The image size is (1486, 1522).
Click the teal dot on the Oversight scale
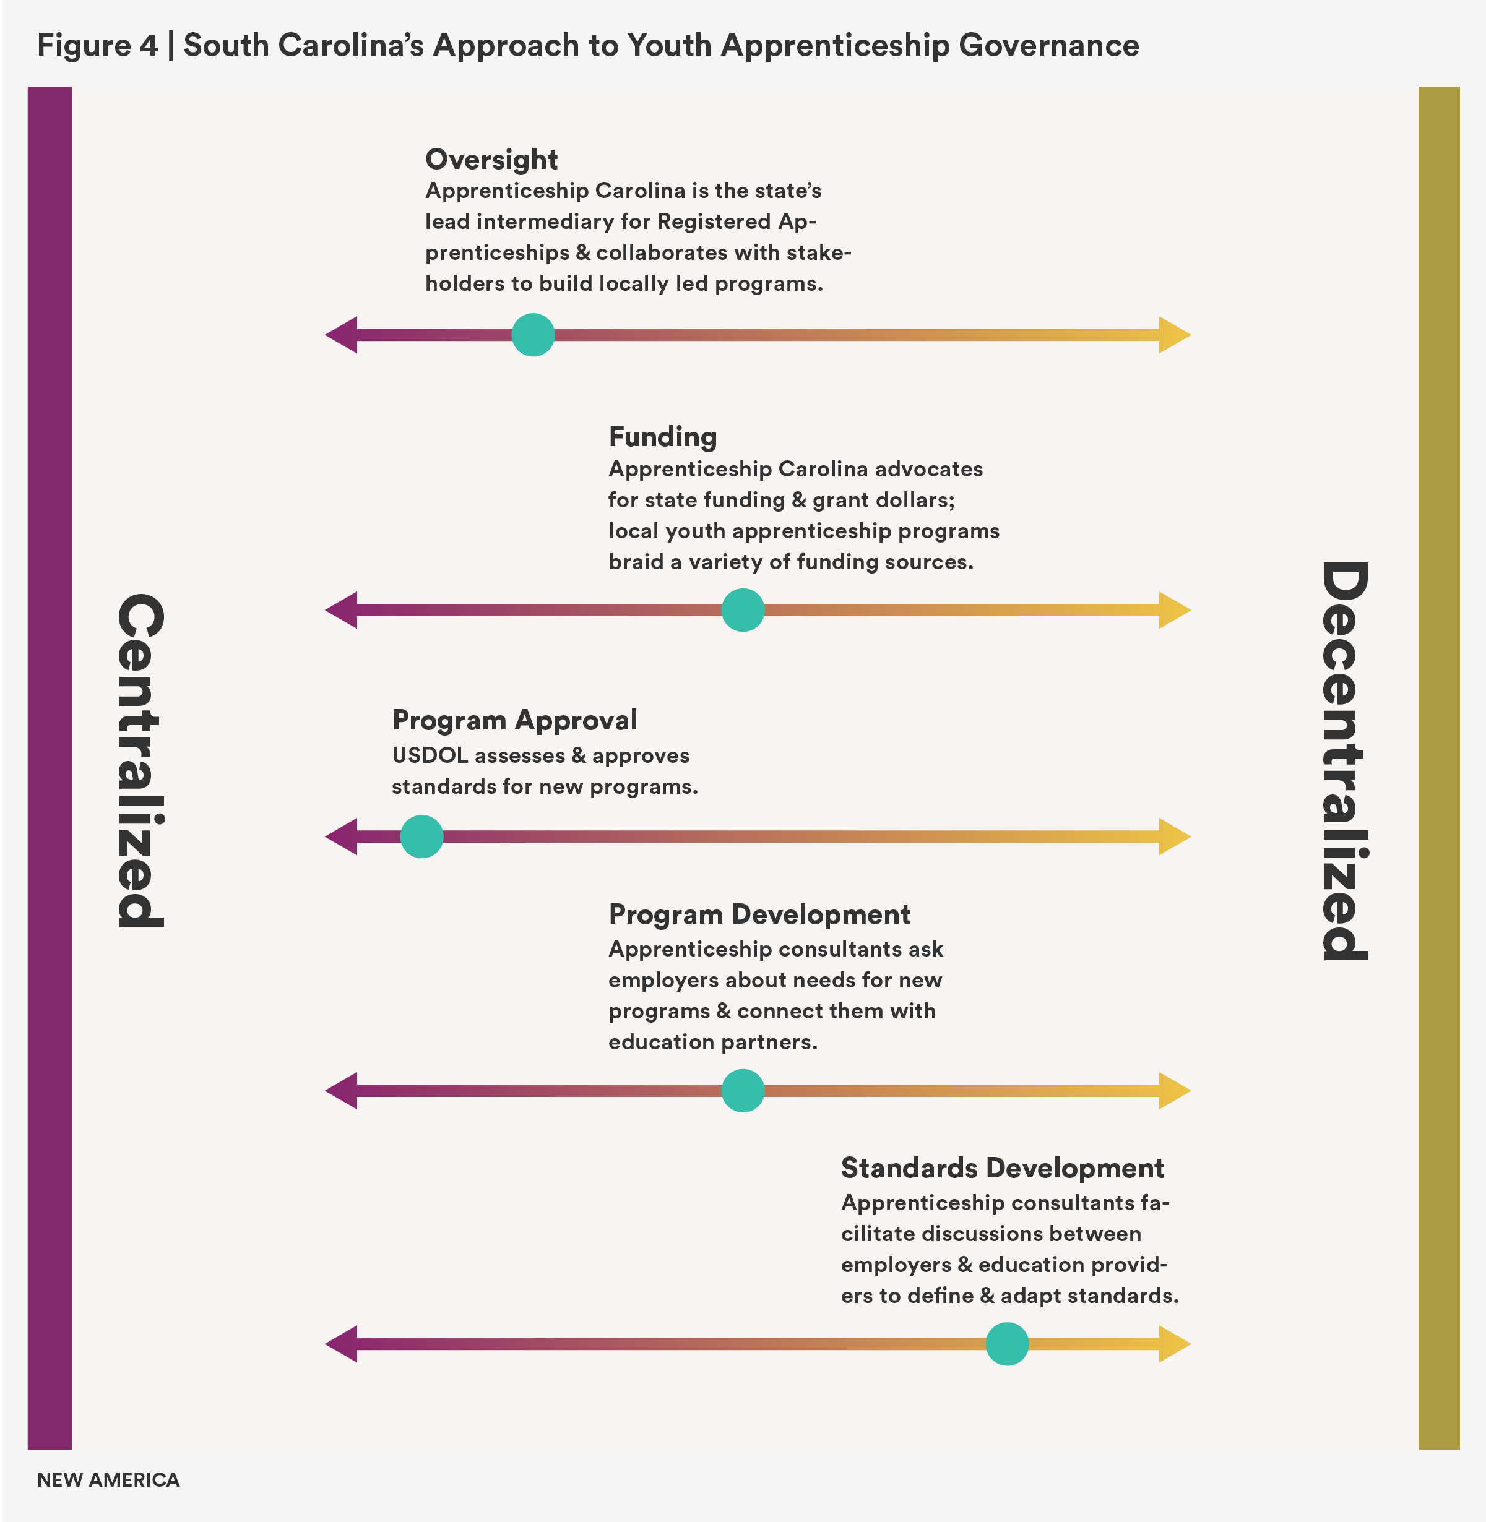coord(533,335)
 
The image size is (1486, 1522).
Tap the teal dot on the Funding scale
coord(742,610)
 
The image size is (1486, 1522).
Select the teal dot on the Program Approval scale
coord(421,836)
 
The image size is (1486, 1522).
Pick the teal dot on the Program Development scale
coord(742,1091)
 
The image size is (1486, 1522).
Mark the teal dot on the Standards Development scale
coord(1007,1344)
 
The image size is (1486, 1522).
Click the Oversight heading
coord(491,160)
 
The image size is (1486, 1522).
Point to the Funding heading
coord(663,437)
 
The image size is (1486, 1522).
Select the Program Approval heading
coord(514,720)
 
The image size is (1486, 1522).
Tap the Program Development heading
coord(759,914)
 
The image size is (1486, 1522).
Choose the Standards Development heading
coord(1002,1168)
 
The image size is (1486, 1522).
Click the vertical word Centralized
coord(141,760)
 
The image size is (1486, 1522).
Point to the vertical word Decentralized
coord(1344,760)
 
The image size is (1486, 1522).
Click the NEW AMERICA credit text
coord(108,1480)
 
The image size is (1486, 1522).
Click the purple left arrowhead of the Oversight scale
coord(342,335)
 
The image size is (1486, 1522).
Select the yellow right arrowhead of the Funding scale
coord(1174,610)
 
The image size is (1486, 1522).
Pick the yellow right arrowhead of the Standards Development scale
coord(1174,1344)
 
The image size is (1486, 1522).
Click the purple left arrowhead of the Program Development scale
coord(342,1091)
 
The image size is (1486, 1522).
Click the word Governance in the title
coord(1048,45)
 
